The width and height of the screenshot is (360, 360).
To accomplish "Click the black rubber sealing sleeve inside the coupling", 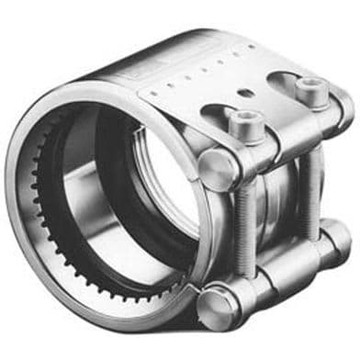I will [x=101, y=184].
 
